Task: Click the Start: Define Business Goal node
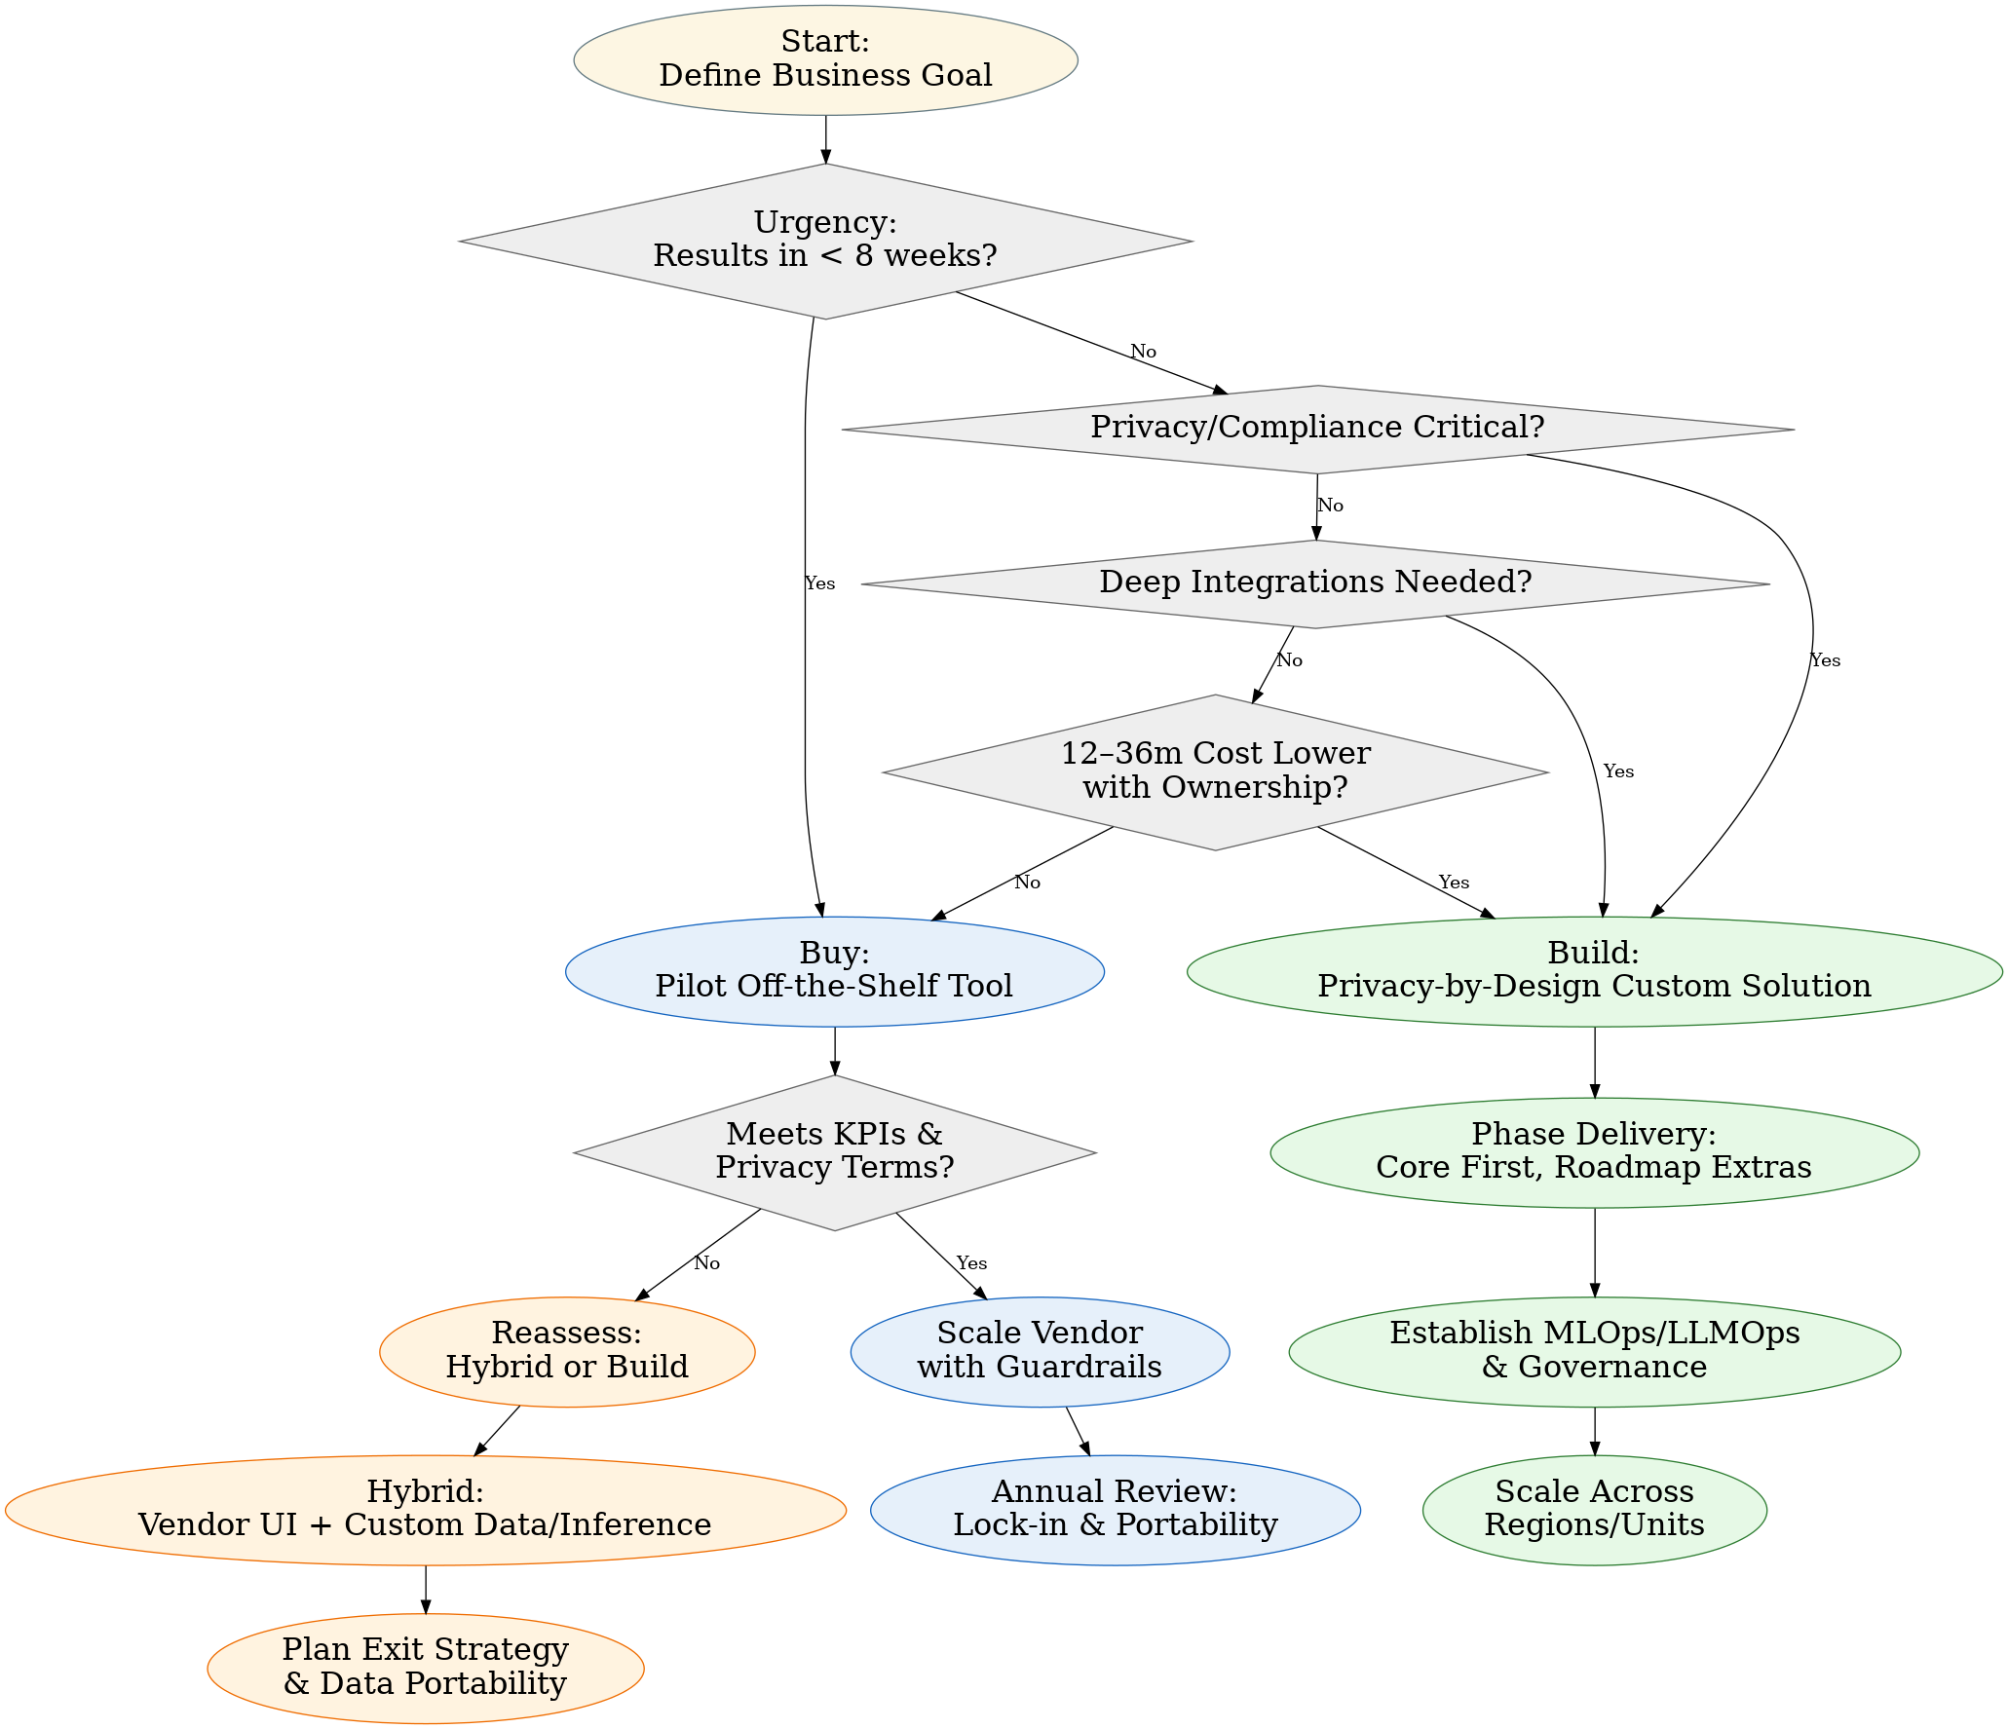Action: coord(825,59)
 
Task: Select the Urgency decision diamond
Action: coord(825,241)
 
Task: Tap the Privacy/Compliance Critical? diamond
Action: coord(1317,429)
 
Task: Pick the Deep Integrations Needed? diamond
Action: coord(1315,583)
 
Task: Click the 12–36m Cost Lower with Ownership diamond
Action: coord(1215,771)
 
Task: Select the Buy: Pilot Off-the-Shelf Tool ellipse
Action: coord(834,970)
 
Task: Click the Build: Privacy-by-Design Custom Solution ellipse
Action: coord(1594,970)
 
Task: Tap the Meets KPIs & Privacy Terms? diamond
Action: coord(834,1151)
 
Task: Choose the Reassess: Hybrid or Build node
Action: coord(567,1351)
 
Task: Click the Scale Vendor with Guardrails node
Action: coord(1040,1351)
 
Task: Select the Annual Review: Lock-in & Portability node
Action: coord(1115,1510)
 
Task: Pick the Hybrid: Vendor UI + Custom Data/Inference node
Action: coord(425,1510)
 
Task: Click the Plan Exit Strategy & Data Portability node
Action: coord(425,1668)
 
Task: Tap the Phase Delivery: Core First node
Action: coord(1594,1151)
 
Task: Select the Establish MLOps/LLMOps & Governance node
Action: coord(1594,1351)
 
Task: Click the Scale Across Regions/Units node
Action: coord(1594,1510)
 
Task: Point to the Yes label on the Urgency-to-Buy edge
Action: coord(819,583)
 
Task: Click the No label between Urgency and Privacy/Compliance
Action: coord(1143,352)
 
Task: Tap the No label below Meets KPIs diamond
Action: coord(706,1263)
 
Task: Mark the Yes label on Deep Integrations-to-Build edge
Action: coord(1617,771)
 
